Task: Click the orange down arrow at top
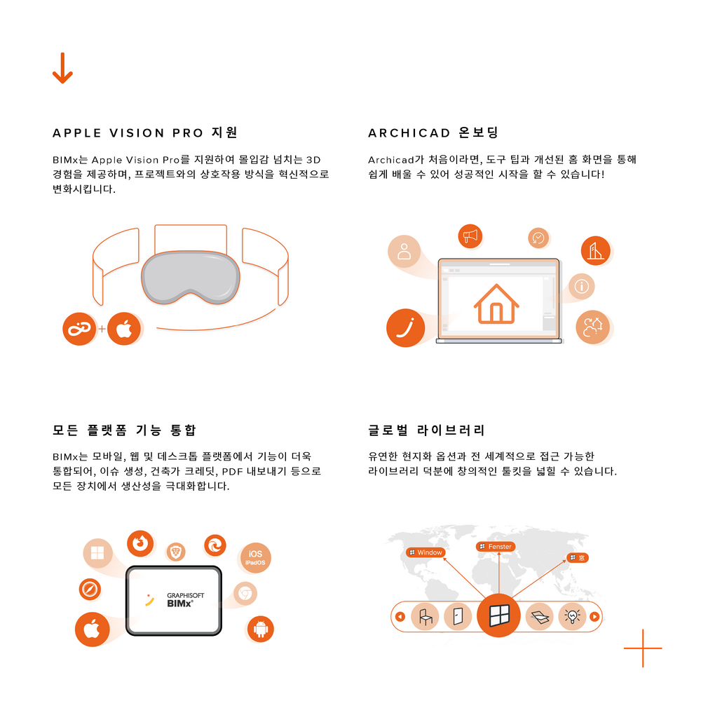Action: [x=62, y=68]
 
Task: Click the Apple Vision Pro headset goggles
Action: [x=191, y=277]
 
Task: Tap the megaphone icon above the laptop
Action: [x=470, y=236]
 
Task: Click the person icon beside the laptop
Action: [x=404, y=251]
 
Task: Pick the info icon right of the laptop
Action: [x=581, y=286]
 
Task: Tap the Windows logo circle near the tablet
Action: [x=97, y=553]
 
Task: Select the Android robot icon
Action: [x=260, y=629]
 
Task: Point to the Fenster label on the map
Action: [x=496, y=546]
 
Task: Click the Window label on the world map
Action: [x=426, y=552]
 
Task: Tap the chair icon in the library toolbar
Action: [x=425, y=616]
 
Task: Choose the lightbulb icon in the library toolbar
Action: [x=572, y=616]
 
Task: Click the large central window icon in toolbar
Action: [x=498, y=615]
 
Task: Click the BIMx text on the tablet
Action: [x=179, y=604]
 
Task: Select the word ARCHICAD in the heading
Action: [x=409, y=133]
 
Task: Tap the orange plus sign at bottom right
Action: [x=643, y=648]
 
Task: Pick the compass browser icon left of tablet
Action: [x=90, y=590]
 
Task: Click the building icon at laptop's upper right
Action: [x=595, y=251]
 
